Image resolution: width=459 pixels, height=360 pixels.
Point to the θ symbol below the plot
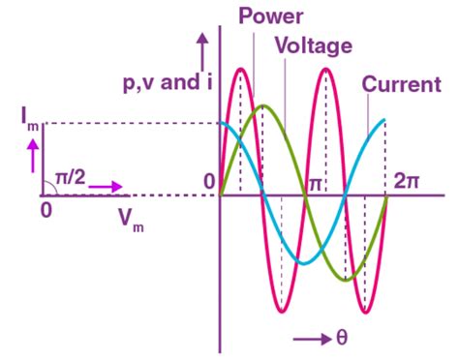tap(341, 339)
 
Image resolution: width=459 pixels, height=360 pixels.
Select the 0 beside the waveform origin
tap(207, 181)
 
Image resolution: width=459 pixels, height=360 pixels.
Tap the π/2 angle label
tap(70, 178)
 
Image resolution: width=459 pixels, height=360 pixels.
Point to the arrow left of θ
tap(312, 339)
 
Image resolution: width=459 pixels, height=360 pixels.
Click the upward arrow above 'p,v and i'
tap(202, 45)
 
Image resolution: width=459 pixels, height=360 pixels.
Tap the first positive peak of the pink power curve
tap(241, 70)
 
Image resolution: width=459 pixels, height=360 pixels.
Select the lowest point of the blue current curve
tap(304, 263)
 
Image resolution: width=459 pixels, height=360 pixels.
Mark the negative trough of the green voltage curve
tap(346, 280)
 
